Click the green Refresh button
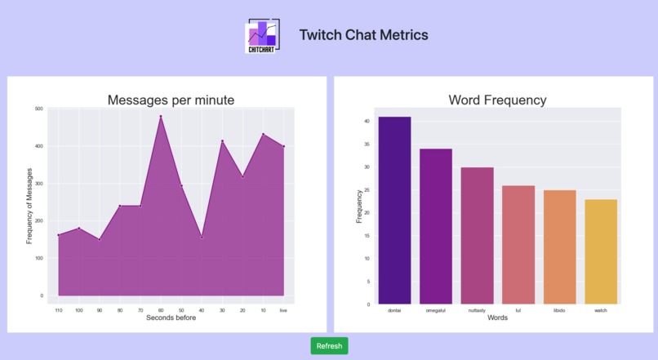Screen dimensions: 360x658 coord(329,346)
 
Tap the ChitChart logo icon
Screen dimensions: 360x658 coord(262,36)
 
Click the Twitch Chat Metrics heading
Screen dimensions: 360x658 coord(363,35)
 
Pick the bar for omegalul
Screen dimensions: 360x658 coord(436,226)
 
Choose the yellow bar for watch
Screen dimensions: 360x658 coord(601,251)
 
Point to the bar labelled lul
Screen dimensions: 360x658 coord(518,245)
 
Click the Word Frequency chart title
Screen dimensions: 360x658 coord(497,100)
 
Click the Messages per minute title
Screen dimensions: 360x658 coord(171,100)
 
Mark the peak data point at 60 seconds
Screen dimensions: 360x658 coord(161,116)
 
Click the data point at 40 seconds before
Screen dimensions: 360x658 coord(202,237)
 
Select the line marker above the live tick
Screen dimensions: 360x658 coord(283,146)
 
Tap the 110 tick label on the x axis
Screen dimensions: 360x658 coord(58,310)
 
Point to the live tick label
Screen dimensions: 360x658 coord(283,310)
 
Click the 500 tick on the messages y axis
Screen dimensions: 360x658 coord(39,109)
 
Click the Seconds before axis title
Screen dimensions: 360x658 coord(171,318)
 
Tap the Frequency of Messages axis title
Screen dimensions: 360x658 coord(29,205)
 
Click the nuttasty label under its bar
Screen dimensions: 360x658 coord(477,311)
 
